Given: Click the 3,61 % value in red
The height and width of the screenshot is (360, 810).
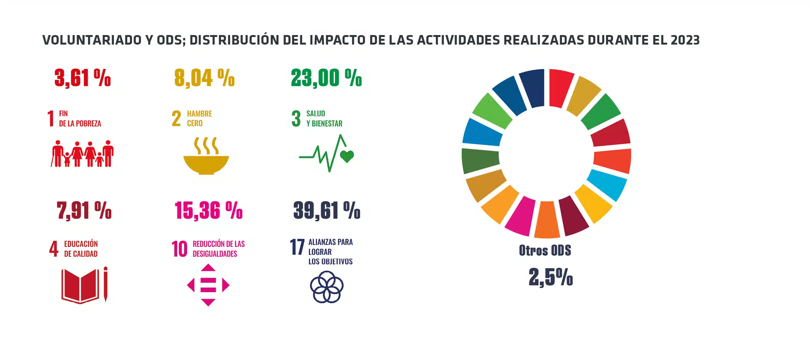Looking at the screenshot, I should pos(82,78).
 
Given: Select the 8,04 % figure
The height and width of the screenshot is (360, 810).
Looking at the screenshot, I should pos(204,78).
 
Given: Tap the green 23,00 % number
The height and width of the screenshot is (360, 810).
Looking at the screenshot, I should pos(326,78).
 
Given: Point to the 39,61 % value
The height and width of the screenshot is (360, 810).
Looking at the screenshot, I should pos(327,210).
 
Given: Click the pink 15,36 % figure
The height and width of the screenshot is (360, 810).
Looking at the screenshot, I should pos(208,210).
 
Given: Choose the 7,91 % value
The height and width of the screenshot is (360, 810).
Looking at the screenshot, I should pos(84,210).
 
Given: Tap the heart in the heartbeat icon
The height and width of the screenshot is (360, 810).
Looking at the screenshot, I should pos(347,156).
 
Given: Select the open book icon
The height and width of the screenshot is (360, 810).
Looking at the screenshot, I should pos(80,286).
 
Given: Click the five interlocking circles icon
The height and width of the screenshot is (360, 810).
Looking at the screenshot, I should pos(327,287).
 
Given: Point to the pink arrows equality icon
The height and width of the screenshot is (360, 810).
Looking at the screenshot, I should pos(208,285).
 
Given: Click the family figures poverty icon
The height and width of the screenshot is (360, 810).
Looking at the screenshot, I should pos(82,154).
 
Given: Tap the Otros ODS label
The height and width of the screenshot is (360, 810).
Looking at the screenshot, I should pos(545,250).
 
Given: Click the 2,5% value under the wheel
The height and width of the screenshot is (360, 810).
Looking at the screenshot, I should pos(551,277).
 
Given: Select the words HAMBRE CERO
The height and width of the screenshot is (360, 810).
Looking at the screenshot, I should pos(199,118).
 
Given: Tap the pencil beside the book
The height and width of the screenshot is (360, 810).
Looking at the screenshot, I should pos(106,284).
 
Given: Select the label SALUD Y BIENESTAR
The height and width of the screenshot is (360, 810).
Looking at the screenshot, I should pos(324,118).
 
